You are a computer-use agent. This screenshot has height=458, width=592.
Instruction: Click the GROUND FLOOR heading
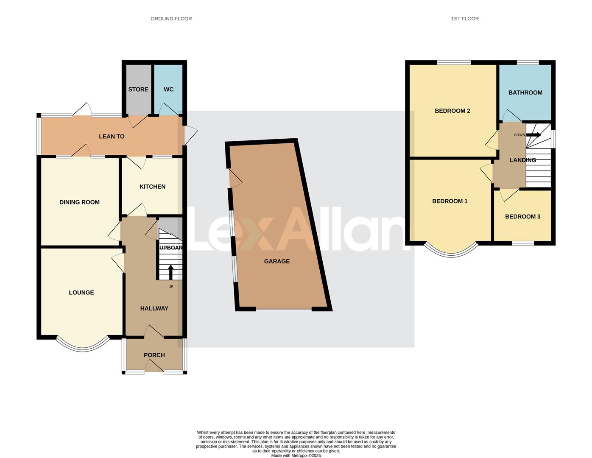pyautogui.click(x=171, y=19)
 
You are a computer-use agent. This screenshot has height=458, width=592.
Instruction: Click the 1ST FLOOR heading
pyautogui.click(x=465, y=19)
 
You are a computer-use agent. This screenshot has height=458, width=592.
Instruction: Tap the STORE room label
pyautogui.click(x=138, y=89)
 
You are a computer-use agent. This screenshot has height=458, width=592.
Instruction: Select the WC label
pyautogui.click(x=168, y=89)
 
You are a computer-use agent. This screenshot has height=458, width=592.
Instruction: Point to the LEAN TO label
pyautogui.click(x=112, y=137)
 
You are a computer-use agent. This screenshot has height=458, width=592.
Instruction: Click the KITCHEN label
pyautogui.click(x=152, y=187)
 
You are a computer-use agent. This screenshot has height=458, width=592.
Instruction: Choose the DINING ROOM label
pyautogui.click(x=79, y=202)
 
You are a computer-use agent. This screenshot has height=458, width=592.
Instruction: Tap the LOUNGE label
pyautogui.click(x=81, y=293)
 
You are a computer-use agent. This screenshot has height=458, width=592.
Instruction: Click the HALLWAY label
pyautogui.click(x=154, y=309)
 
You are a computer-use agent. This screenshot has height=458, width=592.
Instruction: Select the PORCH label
pyautogui.click(x=154, y=355)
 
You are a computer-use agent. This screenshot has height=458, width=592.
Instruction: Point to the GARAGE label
pyautogui.click(x=276, y=262)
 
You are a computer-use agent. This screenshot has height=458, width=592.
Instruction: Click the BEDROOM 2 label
pyautogui.click(x=452, y=111)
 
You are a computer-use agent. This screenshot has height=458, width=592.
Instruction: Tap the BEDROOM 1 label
pyautogui.click(x=450, y=201)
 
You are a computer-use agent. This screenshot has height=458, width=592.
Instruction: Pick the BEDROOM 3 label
pyautogui.click(x=522, y=217)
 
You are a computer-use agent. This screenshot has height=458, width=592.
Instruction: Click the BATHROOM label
pyautogui.click(x=525, y=93)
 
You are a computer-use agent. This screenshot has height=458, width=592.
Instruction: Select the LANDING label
pyautogui.click(x=522, y=160)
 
